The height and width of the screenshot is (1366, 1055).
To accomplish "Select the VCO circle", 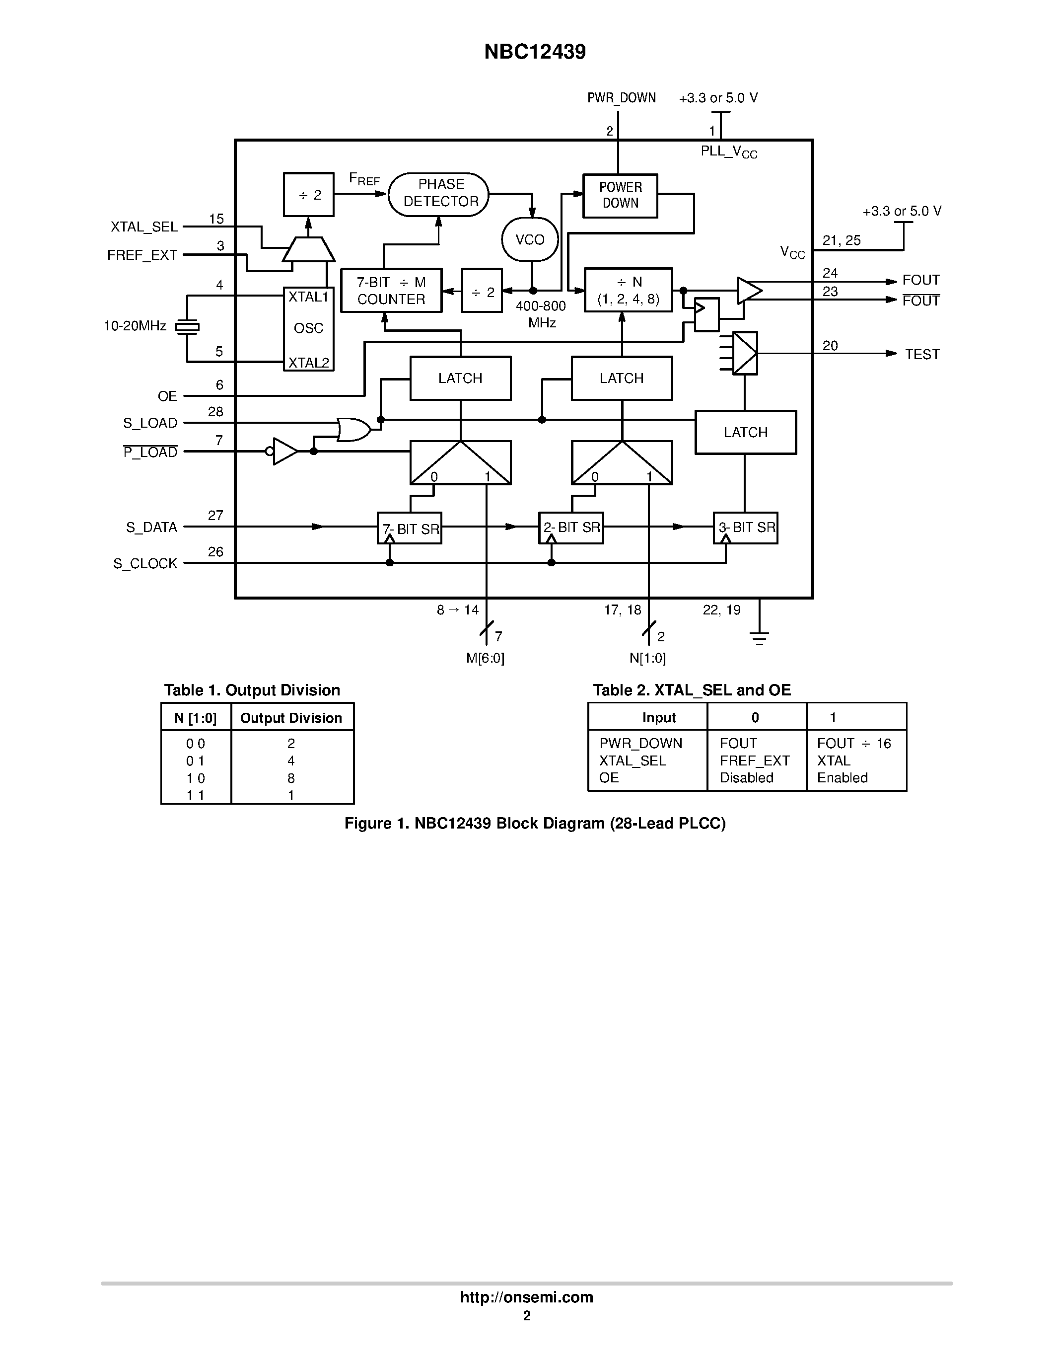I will tap(530, 239).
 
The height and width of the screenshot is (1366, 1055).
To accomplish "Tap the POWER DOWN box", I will tap(620, 196).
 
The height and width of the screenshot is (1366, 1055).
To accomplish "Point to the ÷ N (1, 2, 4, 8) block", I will tap(628, 290).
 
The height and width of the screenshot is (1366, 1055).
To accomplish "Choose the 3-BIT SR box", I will tap(746, 528).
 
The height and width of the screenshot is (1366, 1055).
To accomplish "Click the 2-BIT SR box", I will tap(571, 528).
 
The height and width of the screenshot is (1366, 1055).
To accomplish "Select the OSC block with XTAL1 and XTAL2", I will tap(309, 329).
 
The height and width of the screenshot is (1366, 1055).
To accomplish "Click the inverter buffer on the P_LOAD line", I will tap(285, 452).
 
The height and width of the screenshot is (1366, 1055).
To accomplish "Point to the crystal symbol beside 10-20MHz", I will tap(187, 326).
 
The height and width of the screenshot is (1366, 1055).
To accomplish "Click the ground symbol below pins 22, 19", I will tap(760, 638).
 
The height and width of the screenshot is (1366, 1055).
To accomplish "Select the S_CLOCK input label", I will tap(145, 564).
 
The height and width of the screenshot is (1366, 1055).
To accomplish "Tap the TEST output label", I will tap(922, 355).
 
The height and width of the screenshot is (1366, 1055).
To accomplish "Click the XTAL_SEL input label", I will tap(144, 227).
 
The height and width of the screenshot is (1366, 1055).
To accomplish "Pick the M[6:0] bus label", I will tap(485, 658).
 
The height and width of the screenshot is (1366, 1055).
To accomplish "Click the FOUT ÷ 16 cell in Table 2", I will tap(854, 743).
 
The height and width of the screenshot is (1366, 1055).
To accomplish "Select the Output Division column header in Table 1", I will tap(291, 718).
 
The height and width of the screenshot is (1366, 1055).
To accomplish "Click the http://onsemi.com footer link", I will tap(526, 1297).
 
